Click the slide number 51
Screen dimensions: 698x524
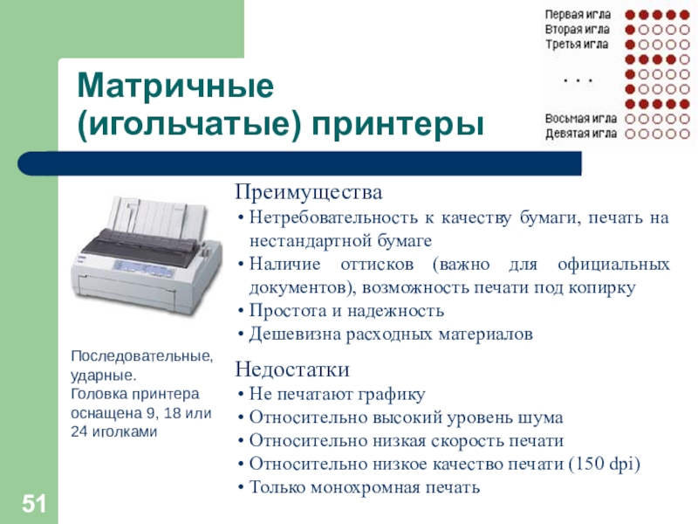pyautogui.click(x=34, y=504)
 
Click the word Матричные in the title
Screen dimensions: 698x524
pyautogui.click(x=175, y=86)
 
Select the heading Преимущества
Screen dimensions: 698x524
pyautogui.click(x=309, y=192)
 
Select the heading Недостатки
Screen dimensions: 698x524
pyautogui.click(x=292, y=369)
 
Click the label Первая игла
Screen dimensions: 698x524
pyautogui.click(x=578, y=15)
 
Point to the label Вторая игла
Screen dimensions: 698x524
pyautogui.click(x=578, y=30)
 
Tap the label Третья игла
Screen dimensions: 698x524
pyautogui.click(x=577, y=45)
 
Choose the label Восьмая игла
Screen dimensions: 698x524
pyautogui.click(x=581, y=119)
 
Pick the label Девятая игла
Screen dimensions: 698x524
pyautogui.click(x=581, y=134)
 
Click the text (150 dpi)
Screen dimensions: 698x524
pyautogui.click(x=605, y=464)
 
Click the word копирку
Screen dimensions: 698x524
pyautogui.click(x=602, y=288)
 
